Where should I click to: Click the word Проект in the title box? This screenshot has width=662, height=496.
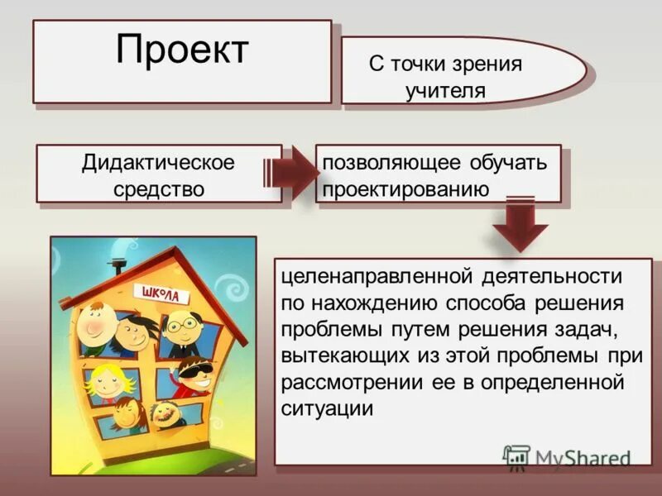(x=182, y=50)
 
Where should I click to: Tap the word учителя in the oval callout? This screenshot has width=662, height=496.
(x=445, y=91)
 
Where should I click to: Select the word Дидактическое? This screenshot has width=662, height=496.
(x=158, y=162)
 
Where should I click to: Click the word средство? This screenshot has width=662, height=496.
(x=158, y=188)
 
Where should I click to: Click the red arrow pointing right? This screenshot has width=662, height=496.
(x=290, y=173)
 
